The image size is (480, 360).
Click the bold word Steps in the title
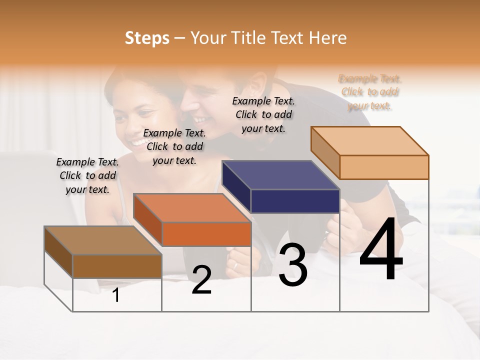[147, 38]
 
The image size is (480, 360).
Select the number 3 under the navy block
[293, 265]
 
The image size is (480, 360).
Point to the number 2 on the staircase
[201, 280]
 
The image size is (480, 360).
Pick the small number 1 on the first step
[116, 295]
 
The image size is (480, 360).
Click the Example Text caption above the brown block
[87, 175]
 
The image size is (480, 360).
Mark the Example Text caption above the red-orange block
[174, 146]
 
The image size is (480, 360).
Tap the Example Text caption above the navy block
[263, 114]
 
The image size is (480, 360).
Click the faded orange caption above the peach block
[370, 92]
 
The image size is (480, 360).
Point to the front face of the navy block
[295, 201]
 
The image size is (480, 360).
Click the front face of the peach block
[384, 167]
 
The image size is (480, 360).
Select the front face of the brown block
[117, 266]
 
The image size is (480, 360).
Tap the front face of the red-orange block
[206, 234]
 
